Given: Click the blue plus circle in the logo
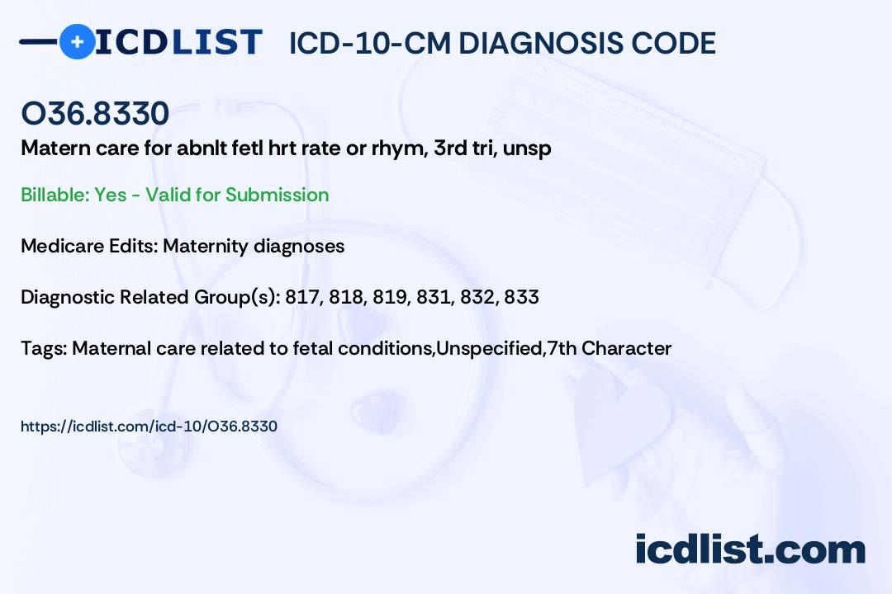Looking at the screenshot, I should click(77, 41).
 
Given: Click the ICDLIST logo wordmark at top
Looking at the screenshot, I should click(178, 41).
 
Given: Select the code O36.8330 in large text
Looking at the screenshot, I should click(95, 114).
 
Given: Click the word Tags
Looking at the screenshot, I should click(42, 348).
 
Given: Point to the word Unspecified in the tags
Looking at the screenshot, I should click(489, 348).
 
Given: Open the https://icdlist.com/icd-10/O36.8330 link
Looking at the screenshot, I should click(149, 427).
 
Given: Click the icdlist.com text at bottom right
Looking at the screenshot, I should click(750, 549).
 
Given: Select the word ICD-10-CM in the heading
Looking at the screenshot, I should click(368, 43).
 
